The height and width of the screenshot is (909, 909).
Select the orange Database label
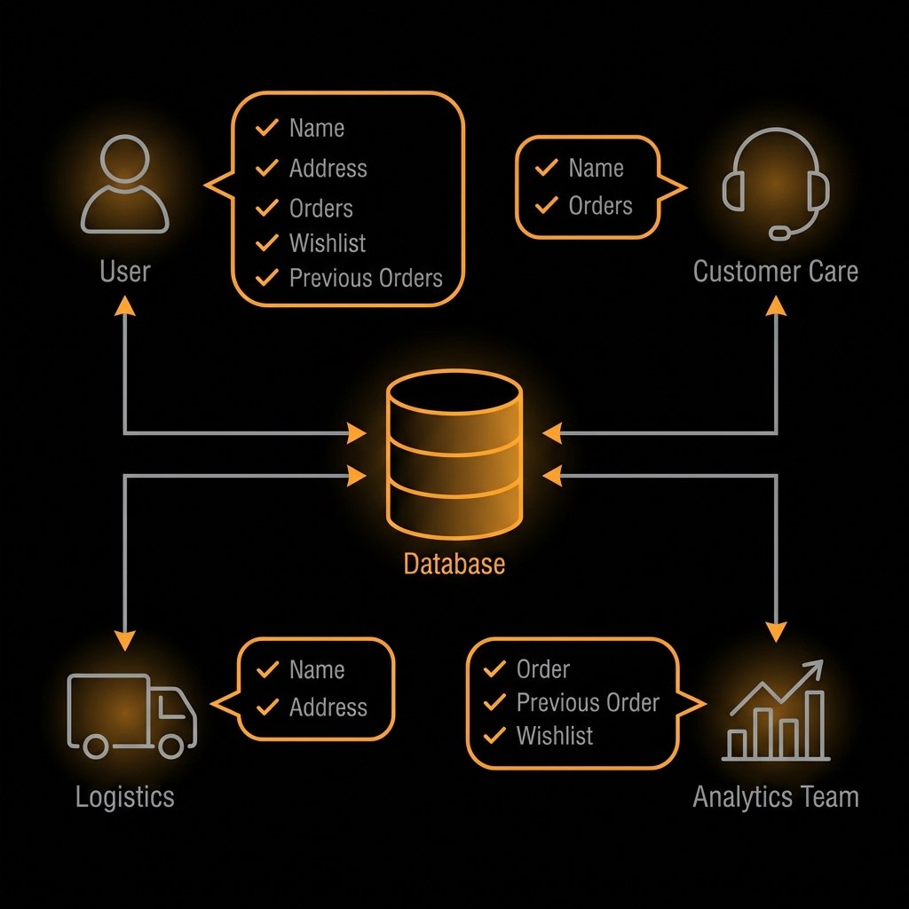point(454,564)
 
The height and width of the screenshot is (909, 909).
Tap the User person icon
point(125,184)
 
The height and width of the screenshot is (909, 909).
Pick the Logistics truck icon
point(131,715)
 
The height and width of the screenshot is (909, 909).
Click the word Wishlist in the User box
point(328,243)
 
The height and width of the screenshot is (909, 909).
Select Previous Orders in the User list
point(366,278)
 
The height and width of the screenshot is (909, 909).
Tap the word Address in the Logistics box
point(328,707)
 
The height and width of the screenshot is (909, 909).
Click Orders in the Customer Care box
point(601,206)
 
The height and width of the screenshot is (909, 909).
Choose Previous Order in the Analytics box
point(588,703)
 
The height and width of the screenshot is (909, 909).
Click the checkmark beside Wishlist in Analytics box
point(494,736)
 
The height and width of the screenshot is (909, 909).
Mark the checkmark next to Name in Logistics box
point(267,669)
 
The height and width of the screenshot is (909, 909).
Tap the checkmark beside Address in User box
point(266,168)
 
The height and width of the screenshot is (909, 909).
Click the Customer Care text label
point(776,272)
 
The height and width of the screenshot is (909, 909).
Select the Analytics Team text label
point(776,796)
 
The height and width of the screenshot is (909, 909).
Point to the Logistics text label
point(125,796)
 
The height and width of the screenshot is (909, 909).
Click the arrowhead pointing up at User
point(125,304)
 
